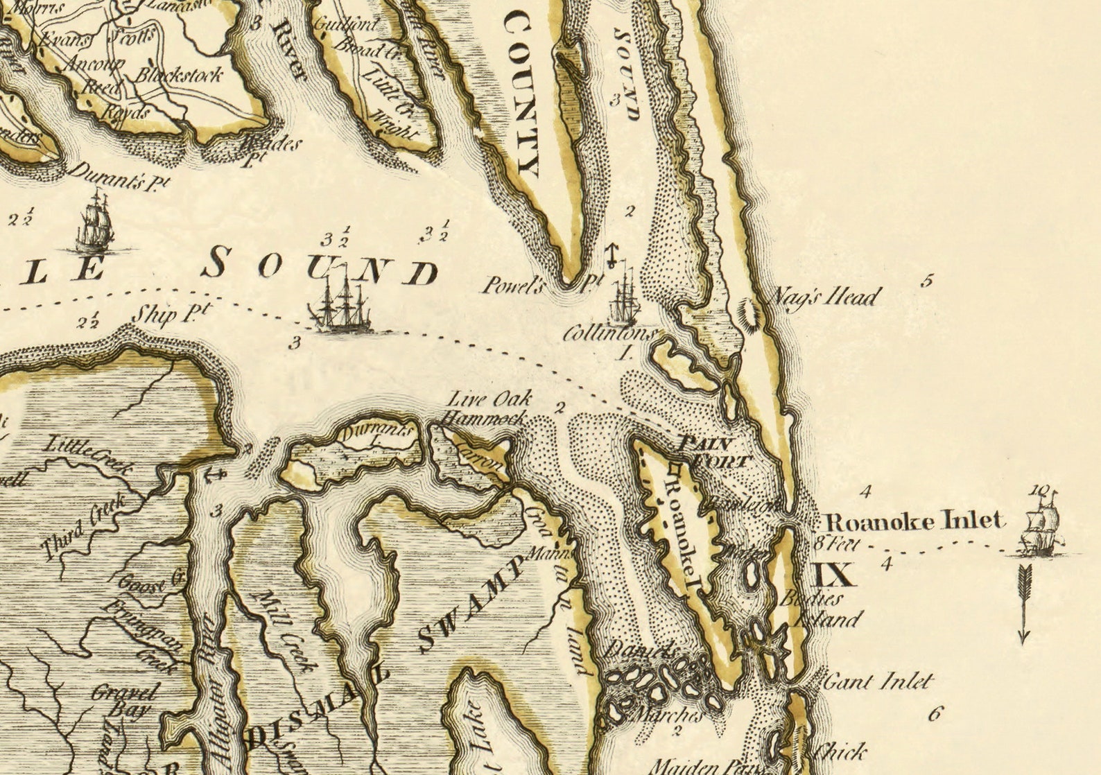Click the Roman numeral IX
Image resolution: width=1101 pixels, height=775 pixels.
(831, 575)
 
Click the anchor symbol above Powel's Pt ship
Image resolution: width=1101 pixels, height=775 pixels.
(611, 256)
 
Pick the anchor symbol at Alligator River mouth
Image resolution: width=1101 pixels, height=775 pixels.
(216, 475)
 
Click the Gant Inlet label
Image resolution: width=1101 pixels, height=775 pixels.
(877, 681)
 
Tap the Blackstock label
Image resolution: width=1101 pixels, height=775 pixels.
(180, 75)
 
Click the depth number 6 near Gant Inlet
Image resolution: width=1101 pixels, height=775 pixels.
(935, 713)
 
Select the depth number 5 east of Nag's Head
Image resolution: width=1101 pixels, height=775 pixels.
(928, 281)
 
